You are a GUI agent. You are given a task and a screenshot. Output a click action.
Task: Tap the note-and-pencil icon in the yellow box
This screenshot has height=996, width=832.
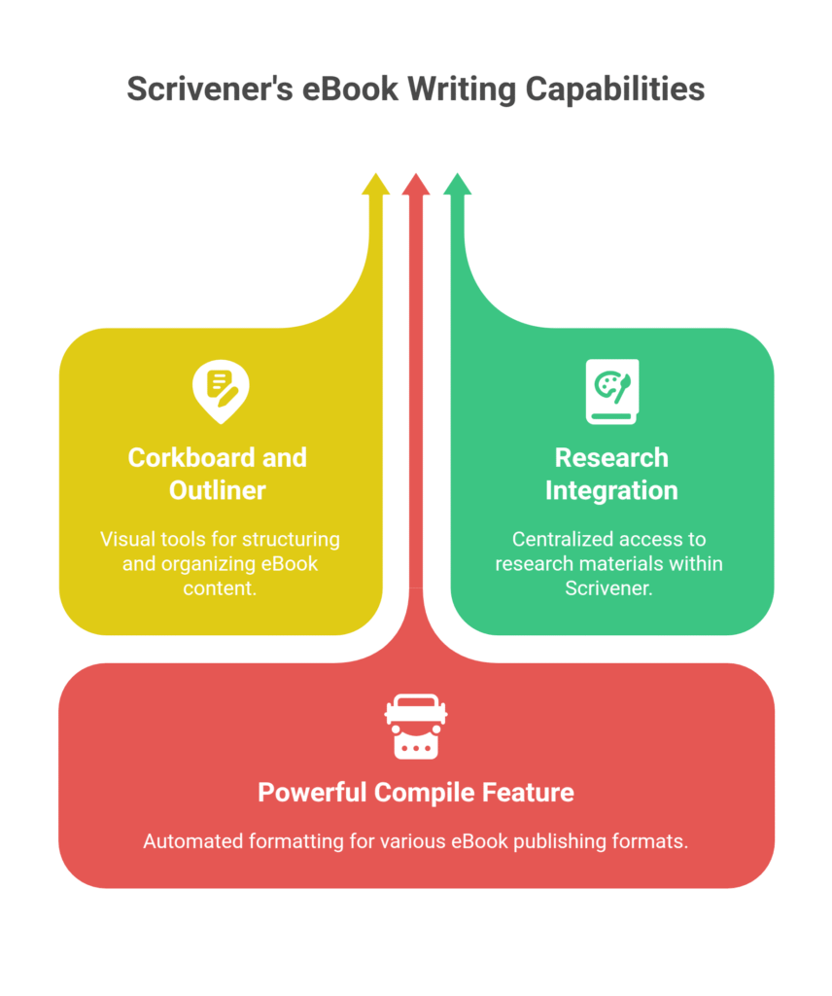tap(221, 390)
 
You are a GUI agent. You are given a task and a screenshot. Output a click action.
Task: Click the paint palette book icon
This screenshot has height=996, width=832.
tap(611, 391)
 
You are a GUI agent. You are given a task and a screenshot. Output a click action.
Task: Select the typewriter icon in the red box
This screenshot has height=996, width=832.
tap(416, 726)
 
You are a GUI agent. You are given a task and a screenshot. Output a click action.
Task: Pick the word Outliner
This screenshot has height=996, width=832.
tap(218, 490)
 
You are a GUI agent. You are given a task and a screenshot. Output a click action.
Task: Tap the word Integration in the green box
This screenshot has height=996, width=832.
tap(611, 490)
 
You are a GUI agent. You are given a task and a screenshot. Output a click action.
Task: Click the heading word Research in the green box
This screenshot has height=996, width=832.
tap(611, 457)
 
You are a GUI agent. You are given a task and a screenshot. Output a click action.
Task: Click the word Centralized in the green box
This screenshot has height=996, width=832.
tap(557, 539)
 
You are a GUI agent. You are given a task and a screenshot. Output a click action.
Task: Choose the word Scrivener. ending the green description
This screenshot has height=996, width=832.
tap(611, 588)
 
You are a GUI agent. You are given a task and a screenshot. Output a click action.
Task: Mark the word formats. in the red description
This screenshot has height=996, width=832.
tap(655, 841)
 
